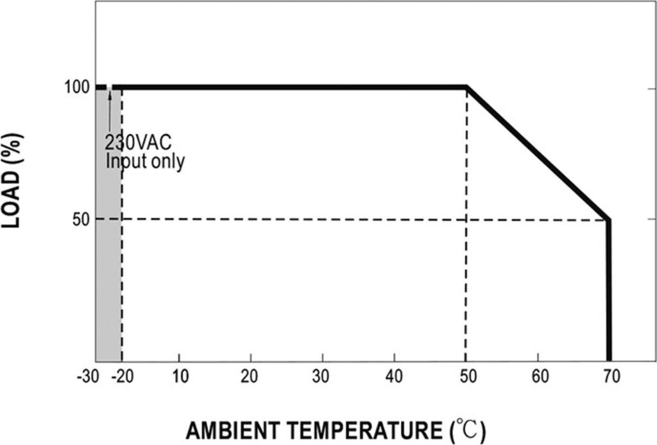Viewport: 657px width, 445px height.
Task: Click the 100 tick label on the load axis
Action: click(x=77, y=87)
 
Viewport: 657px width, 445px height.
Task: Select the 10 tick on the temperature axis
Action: click(x=180, y=376)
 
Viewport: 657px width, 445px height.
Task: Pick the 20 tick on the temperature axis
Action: click(x=251, y=376)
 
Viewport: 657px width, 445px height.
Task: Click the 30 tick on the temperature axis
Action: click(x=323, y=376)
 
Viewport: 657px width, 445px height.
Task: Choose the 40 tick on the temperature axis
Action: click(x=395, y=376)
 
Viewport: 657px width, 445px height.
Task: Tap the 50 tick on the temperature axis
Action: click(x=466, y=376)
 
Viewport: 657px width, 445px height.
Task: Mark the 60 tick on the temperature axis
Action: click(x=538, y=376)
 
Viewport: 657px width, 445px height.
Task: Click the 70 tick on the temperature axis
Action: click(x=610, y=376)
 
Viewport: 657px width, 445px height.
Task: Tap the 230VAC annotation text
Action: click(x=139, y=141)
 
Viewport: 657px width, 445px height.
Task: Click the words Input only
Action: click(x=145, y=161)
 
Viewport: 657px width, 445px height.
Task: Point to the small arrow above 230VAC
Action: click(x=110, y=103)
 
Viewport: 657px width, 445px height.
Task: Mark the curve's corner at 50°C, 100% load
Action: click(x=466, y=87)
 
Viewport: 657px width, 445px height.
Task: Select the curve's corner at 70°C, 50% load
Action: click(x=608, y=220)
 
